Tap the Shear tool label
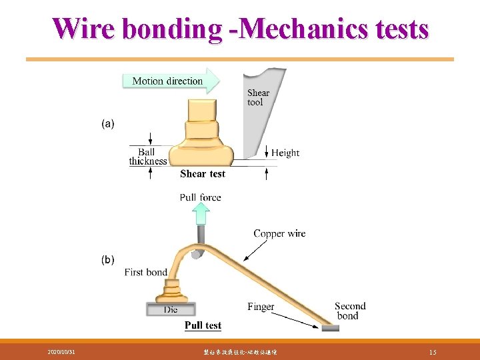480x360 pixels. pyautogui.click(x=258, y=97)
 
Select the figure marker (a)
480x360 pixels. pyautogui.click(x=108, y=123)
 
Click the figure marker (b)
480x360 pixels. pyautogui.click(x=108, y=259)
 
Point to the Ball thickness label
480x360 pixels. pyautogui.click(x=147, y=157)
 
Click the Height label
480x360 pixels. pyautogui.click(x=285, y=153)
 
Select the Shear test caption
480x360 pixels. pyautogui.click(x=203, y=174)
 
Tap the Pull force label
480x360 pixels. pyautogui.click(x=200, y=197)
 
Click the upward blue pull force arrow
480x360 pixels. pyautogui.click(x=201, y=213)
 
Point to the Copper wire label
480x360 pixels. pyautogui.click(x=279, y=233)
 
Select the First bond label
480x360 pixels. pyautogui.click(x=145, y=272)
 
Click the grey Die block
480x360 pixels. pyautogui.click(x=171, y=309)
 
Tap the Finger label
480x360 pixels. pyautogui.click(x=261, y=307)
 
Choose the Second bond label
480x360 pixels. pyautogui.click(x=350, y=311)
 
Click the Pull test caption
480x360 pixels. pyautogui.click(x=203, y=325)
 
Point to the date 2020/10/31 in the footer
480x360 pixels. pyautogui.click(x=61, y=351)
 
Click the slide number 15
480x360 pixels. pyautogui.click(x=433, y=351)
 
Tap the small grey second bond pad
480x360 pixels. pyautogui.click(x=329, y=328)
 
